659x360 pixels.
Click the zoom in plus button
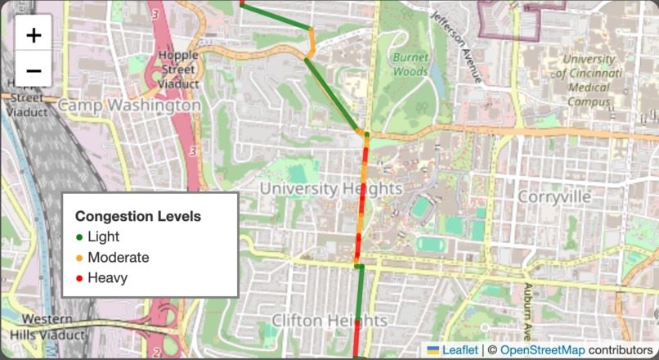tap(34, 35)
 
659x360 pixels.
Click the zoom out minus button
tap(34, 70)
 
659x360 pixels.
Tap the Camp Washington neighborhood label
tap(129, 106)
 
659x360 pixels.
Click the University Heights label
tap(330, 189)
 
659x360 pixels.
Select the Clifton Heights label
tap(329, 320)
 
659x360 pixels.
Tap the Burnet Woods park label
tap(410, 65)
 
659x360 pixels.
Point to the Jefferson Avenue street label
tap(459, 45)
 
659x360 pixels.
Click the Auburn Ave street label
tap(529, 311)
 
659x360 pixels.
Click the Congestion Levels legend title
tap(138, 217)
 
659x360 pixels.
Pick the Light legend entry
tap(103, 237)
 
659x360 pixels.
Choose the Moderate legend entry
tap(118, 258)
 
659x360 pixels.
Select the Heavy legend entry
tap(107, 278)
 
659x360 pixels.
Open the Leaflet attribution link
tap(460, 350)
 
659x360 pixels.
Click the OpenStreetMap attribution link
tap(542, 350)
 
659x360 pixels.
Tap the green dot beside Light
tap(79, 237)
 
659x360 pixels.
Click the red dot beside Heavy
tap(79, 278)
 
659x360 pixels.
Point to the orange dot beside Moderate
tap(79, 258)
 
